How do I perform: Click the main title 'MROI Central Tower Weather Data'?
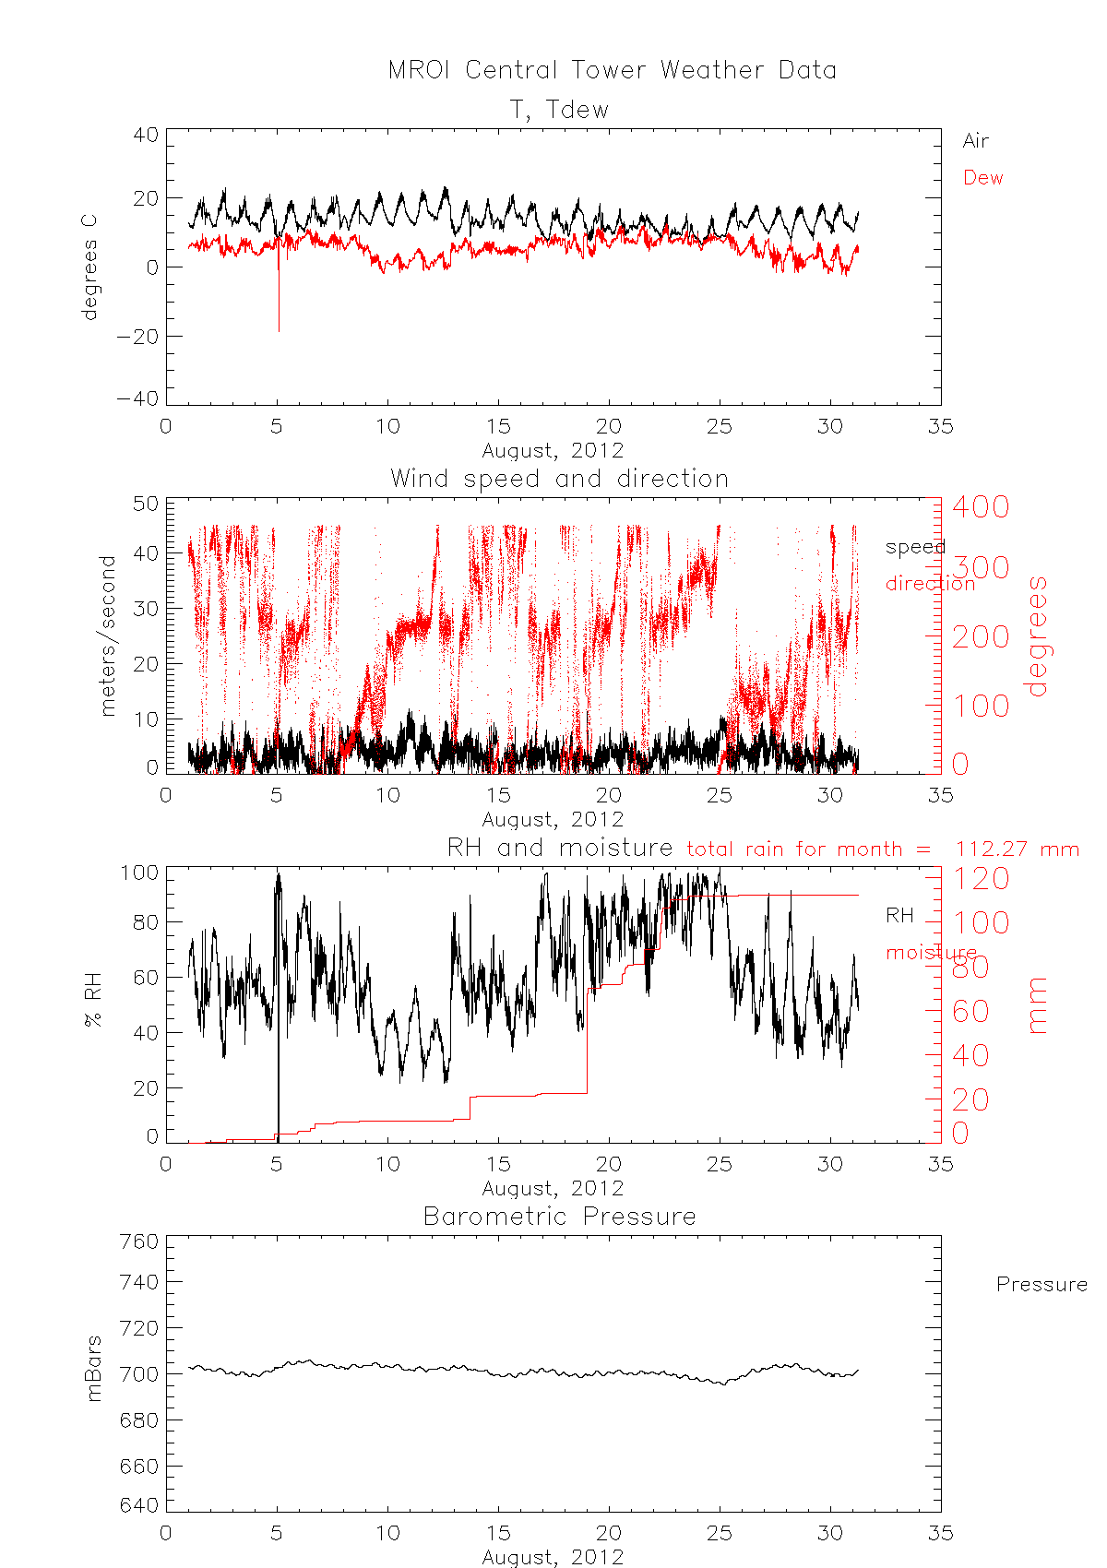[x=612, y=70]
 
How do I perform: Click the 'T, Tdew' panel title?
[x=559, y=110]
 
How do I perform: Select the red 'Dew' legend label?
[x=982, y=178]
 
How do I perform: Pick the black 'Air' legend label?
[x=975, y=141]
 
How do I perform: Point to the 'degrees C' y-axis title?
[x=89, y=267]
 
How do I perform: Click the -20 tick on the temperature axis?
[x=137, y=337]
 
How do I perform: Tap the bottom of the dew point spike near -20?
[x=279, y=329]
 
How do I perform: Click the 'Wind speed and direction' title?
[x=559, y=479]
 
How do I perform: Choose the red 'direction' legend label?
[x=930, y=583]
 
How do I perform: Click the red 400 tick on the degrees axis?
[x=981, y=506]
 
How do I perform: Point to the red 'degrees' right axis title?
[x=1038, y=636]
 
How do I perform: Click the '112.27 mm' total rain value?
[x=1017, y=849]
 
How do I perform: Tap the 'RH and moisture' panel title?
[x=559, y=848]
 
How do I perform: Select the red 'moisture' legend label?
[x=931, y=952]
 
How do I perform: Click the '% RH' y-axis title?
[x=92, y=1004]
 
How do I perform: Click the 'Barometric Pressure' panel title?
[x=559, y=1217]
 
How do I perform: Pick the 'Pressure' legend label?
[x=1042, y=1284]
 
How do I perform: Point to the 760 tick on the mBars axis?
[x=139, y=1241]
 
